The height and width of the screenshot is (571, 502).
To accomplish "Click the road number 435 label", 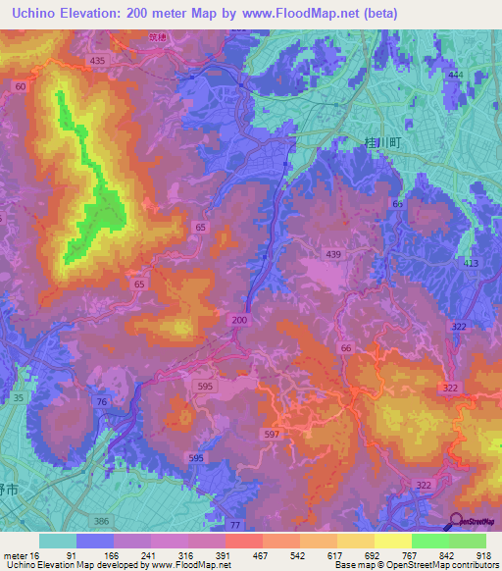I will point(97,61).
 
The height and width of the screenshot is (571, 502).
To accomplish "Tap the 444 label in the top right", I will point(455,76).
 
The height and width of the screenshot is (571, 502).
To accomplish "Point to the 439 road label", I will point(333,255).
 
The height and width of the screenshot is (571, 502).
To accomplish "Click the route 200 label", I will point(241,320).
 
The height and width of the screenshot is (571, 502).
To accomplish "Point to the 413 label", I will point(472,264).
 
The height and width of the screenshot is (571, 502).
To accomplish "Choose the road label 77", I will point(234,527).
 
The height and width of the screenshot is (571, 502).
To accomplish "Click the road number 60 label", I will point(21,87).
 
